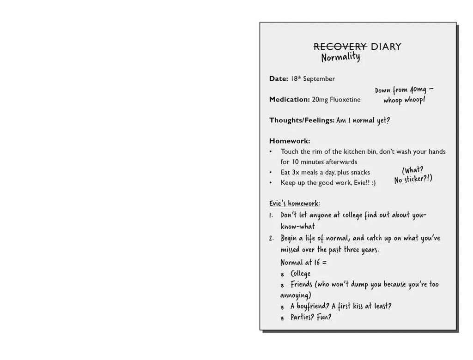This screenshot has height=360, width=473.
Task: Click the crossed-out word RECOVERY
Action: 340,47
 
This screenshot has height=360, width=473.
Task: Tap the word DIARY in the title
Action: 386,47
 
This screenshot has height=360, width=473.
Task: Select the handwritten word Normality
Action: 340,58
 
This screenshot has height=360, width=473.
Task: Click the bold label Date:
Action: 279,79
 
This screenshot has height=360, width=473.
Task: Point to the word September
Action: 319,79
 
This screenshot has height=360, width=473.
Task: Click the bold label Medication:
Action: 289,100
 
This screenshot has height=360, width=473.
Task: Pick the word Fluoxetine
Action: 345,100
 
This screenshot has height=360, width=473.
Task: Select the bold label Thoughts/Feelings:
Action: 302,120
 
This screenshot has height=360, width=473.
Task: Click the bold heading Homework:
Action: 290,141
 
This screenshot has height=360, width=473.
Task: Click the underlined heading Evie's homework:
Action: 295,204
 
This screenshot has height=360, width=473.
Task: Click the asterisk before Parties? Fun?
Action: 282,318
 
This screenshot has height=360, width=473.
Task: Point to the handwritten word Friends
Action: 303,285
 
